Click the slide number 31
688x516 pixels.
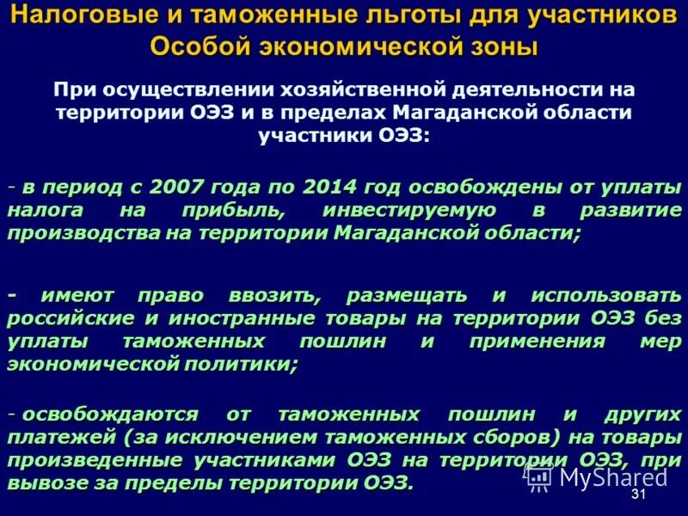638,496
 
